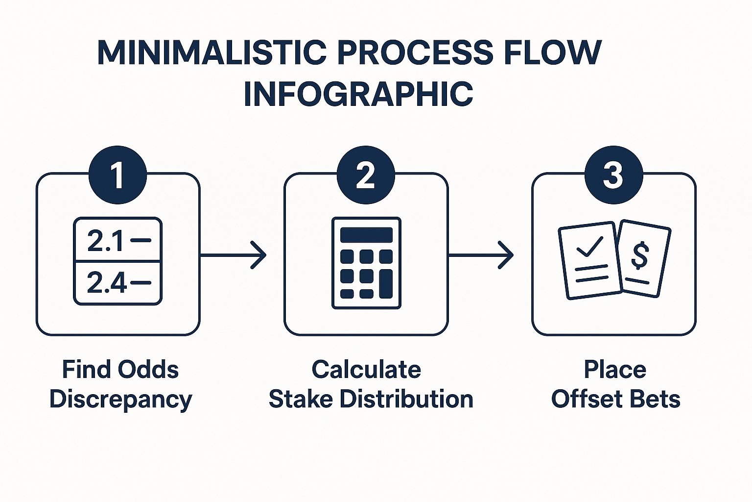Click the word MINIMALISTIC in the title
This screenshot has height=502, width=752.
(212, 52)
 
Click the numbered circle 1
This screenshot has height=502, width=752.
(117, 175)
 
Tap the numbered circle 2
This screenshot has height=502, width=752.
(366, 175)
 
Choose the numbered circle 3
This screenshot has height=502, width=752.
(613, 175)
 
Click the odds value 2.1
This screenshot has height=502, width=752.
(105, 241)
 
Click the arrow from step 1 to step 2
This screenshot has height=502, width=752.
(234, 255)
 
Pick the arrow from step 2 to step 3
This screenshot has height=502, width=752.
(481, 255)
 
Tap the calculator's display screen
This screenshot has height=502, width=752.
(366, 235)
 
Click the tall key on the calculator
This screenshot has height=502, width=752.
(386, 284)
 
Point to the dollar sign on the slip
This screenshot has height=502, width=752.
(640, 255)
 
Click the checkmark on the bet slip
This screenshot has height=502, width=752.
(590, 247)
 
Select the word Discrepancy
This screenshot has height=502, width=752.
(121, 400)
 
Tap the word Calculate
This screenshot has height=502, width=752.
(366, 370)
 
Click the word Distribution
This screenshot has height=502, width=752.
(406, 399)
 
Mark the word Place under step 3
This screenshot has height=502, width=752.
(615, 370)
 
